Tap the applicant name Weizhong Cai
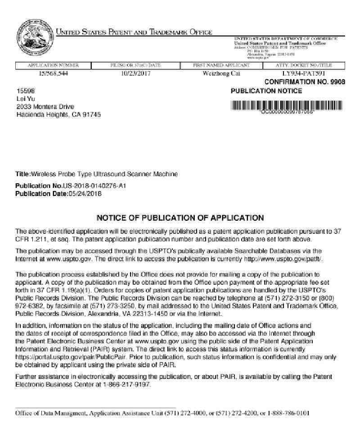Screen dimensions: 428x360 (221, 73)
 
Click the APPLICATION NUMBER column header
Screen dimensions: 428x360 (53, 66)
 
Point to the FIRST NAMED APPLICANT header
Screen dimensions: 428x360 (221, 66)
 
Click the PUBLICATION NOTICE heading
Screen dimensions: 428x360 (266, 91)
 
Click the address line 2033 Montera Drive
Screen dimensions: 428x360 (45, 107)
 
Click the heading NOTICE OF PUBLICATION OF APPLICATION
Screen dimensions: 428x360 (180, 218)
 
